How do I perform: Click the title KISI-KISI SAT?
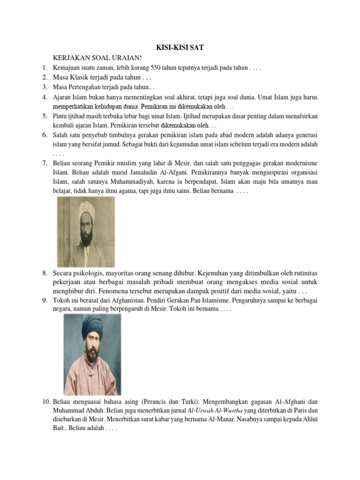[180, 47]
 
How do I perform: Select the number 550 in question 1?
[152, 67]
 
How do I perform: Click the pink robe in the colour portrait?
[92, 375]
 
